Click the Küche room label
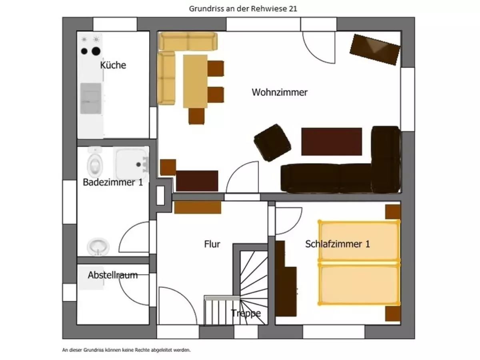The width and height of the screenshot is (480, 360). tap(113, 65)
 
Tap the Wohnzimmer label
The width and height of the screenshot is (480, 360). tap(280, 92)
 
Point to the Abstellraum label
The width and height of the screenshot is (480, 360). tap(113, 275)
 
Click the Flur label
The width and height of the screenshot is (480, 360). tap(212, 244)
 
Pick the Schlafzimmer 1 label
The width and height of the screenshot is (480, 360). tap(337, 244)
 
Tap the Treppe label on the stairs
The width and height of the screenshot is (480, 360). tap(246, 313)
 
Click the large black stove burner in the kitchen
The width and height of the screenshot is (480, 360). tap(96, 51)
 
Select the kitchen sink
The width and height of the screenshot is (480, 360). tap(91, 98)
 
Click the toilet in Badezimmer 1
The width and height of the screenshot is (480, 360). tap(95, 164)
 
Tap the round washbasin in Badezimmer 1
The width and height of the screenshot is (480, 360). tap(98, 246)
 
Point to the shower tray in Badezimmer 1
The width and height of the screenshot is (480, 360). tap(131, 164)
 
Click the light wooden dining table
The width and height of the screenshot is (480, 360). tap(195, 81)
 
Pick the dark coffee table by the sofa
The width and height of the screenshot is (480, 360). tap(332, 142)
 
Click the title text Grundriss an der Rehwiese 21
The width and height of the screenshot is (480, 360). tap(243, 9)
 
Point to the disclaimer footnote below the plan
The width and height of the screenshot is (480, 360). tap(127, 350)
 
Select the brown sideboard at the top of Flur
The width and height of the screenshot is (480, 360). tap(198, 207)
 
